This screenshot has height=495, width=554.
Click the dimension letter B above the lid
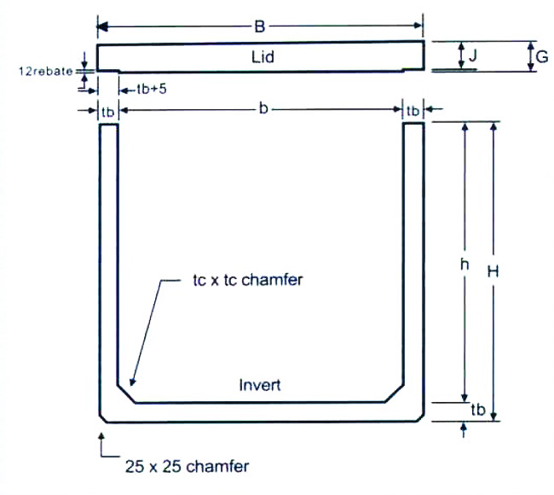coord(259,26)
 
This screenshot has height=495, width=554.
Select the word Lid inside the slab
coord(262,57)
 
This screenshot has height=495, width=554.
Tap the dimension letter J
coord(472,56)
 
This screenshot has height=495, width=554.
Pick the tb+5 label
coord(150,88)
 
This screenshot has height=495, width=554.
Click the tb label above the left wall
coord(107,111)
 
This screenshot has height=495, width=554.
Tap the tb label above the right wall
coord(413,111)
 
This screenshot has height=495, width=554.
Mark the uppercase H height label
coord(493,271)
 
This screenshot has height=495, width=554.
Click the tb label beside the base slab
coord(478,410)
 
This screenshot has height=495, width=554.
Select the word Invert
coord(260,385)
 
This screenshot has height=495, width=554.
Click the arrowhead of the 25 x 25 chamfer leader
coord(102,437)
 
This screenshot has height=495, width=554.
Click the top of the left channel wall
coord(108,125)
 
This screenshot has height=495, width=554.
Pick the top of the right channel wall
coord(413,125)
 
